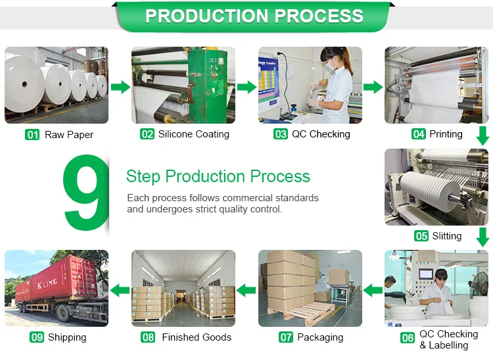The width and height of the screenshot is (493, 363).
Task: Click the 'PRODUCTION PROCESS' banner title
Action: (254, 16)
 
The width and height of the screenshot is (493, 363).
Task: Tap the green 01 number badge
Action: (32, 135)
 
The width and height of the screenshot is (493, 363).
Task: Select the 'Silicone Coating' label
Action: (193, 134)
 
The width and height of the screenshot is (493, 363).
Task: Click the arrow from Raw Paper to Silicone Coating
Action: (120, 87)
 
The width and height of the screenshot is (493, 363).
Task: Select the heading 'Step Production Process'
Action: (218, 176)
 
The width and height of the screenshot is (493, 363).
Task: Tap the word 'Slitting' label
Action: (446, 236)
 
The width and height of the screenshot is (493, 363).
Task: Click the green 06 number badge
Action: (408, 338)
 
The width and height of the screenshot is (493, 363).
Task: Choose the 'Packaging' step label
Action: (320, 337)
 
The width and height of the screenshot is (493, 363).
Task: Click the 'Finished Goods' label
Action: (197, 337)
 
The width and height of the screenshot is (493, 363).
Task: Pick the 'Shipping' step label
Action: (66, 337)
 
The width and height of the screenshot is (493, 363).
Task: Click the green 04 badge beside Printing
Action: (419, 134)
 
